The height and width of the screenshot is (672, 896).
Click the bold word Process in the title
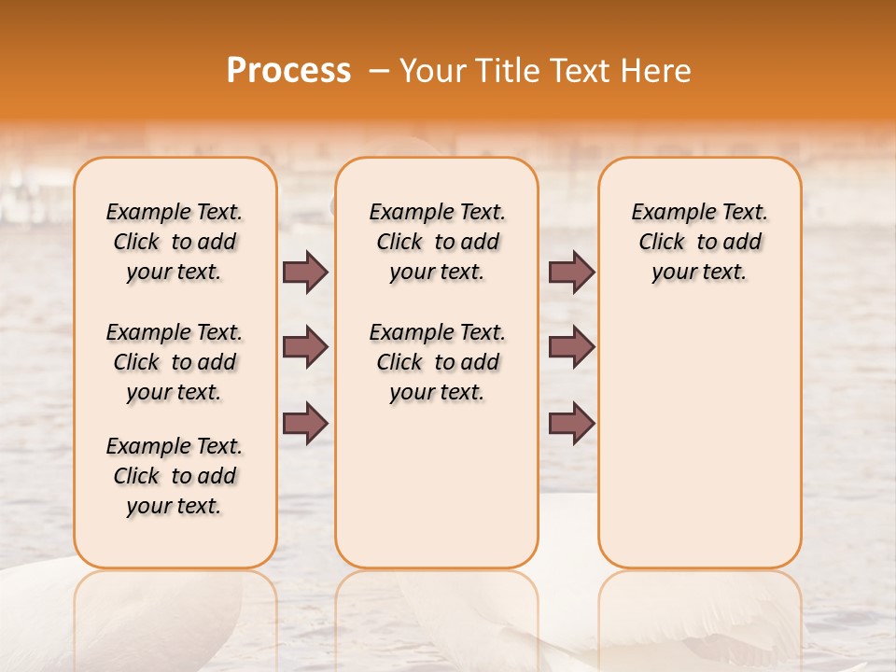point(288,71)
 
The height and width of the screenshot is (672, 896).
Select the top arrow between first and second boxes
point(305,273)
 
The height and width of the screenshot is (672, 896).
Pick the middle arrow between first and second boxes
point(305,347)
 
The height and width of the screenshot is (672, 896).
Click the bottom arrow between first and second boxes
point(305,423)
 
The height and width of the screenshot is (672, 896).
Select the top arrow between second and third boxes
point(571,273)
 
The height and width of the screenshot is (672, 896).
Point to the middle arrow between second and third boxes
point(571,347)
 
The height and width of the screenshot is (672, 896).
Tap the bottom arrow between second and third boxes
point(571,423)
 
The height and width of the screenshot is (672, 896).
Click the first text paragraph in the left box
point(175,242)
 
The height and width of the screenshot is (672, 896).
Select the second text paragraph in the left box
point(175,362)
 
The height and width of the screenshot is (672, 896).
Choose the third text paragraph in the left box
point(175,476)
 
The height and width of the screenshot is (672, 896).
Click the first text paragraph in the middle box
point(437,242)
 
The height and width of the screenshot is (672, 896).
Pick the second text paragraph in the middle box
point(437,362)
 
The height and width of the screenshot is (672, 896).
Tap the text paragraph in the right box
point(699,242)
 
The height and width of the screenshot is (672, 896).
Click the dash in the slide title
point(379,71)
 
